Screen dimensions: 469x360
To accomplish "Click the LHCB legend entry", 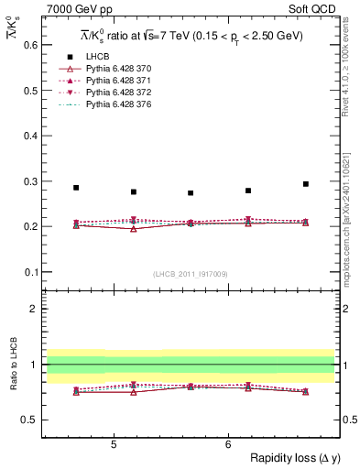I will pyautogui.click(x=95, y=57).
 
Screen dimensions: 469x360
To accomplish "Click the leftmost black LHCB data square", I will pyautogui.click(x=76, y=188).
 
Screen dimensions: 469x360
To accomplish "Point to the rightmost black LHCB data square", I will pyautogui.click(x=306, y=184).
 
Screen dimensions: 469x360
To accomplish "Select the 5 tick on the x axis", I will pyautogui.click(x=113, y=444).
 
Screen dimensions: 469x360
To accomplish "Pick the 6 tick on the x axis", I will pyautogui.click(x=228, y=444).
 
